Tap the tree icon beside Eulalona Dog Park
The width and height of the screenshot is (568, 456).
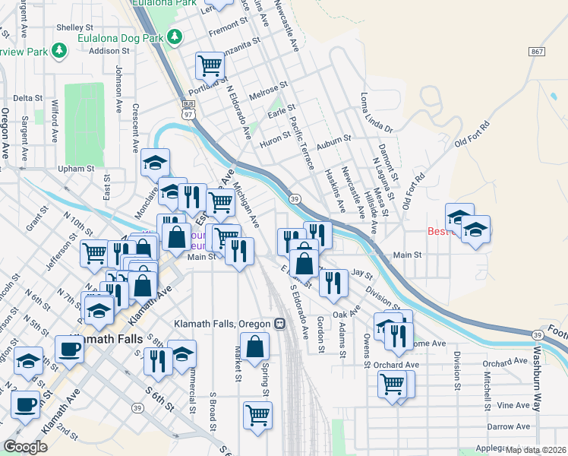tap(176, 36)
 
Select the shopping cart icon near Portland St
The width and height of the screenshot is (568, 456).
tap(210, 65)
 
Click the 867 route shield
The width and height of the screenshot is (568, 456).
tap(538, 51)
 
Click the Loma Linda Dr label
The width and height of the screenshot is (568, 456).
tap(375, 112)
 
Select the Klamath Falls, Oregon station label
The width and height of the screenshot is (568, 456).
tap(222, 323)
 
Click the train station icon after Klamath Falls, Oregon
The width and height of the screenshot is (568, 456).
tap(279, 323)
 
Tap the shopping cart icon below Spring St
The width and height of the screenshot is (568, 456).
tap(257, 415)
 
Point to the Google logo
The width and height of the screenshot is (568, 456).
tap(25, 446)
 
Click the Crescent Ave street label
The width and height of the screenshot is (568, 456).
tap(135, 126)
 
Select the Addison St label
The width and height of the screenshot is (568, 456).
tap(105, 51)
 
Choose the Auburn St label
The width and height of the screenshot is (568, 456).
tap(334, 139)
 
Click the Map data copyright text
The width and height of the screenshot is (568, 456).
tap(536, 450)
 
